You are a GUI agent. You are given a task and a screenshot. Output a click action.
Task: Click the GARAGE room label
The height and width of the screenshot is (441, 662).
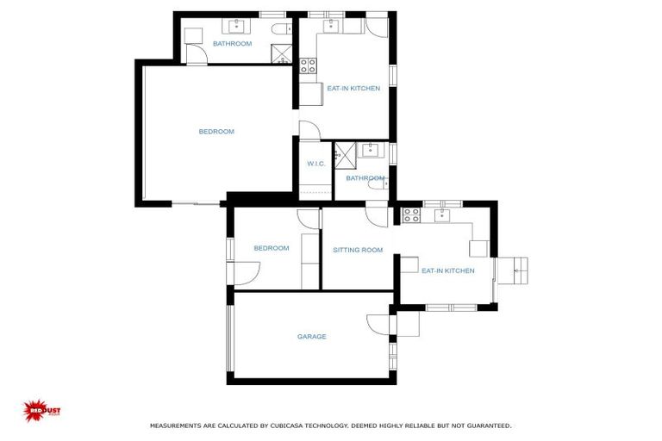click(311, 337)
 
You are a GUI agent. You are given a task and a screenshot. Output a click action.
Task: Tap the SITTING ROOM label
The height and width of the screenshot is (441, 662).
click(358, 251)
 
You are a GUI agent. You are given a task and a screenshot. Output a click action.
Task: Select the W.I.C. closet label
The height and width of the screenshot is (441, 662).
click(315, 164)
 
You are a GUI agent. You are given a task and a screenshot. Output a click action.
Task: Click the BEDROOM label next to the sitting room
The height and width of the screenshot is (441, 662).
click(271, 248)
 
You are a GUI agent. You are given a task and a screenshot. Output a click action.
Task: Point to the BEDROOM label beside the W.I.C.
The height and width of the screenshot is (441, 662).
click(216, 132)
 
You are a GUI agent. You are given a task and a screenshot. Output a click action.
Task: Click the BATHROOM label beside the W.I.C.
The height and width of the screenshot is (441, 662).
click(365, 178)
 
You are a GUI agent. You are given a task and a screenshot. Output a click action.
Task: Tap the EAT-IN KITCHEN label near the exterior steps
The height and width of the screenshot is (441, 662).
click(447, 270)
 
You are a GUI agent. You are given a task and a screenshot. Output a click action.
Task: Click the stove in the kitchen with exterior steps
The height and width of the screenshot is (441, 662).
click(410, 214)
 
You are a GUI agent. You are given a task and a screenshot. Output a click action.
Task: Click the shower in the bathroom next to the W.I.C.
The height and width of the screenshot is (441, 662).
click(345, 154)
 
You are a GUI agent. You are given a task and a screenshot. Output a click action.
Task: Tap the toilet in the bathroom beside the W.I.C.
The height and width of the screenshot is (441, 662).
click(376, 181)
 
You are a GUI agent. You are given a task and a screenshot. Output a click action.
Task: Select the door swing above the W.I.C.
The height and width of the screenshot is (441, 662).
click(309, 131)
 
